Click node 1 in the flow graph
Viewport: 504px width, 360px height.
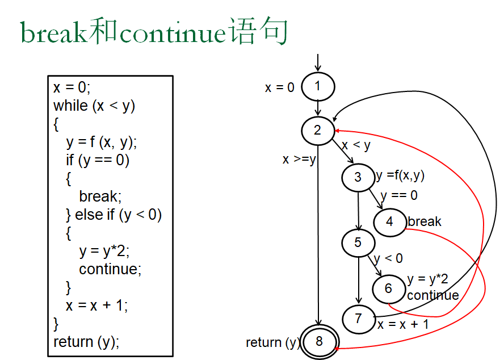coord(318,87)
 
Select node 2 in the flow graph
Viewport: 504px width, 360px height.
coord(318,130)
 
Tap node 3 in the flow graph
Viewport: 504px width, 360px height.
coord(358,177)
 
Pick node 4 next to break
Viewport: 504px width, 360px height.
coord(389,221)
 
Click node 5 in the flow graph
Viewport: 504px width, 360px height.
coord(358,243)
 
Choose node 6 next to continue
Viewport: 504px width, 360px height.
coord(389,288)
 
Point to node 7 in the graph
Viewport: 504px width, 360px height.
coord(358,319)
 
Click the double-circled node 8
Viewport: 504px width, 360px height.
coord(319,341)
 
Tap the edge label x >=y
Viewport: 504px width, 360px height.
coord(299,160)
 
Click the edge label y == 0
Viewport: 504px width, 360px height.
coord(399,195)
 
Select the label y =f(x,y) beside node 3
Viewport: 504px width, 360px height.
coord(401,175)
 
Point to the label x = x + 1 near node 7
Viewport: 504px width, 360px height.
coord(403,324)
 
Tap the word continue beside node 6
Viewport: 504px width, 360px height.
coord(433,295)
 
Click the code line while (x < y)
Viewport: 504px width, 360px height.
coord(94,106)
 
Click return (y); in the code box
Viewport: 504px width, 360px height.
coord(86,342)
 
